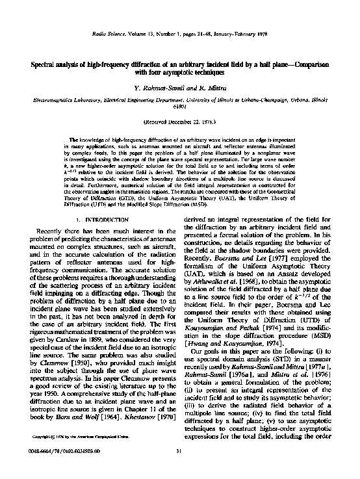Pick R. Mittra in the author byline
[211, 87]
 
